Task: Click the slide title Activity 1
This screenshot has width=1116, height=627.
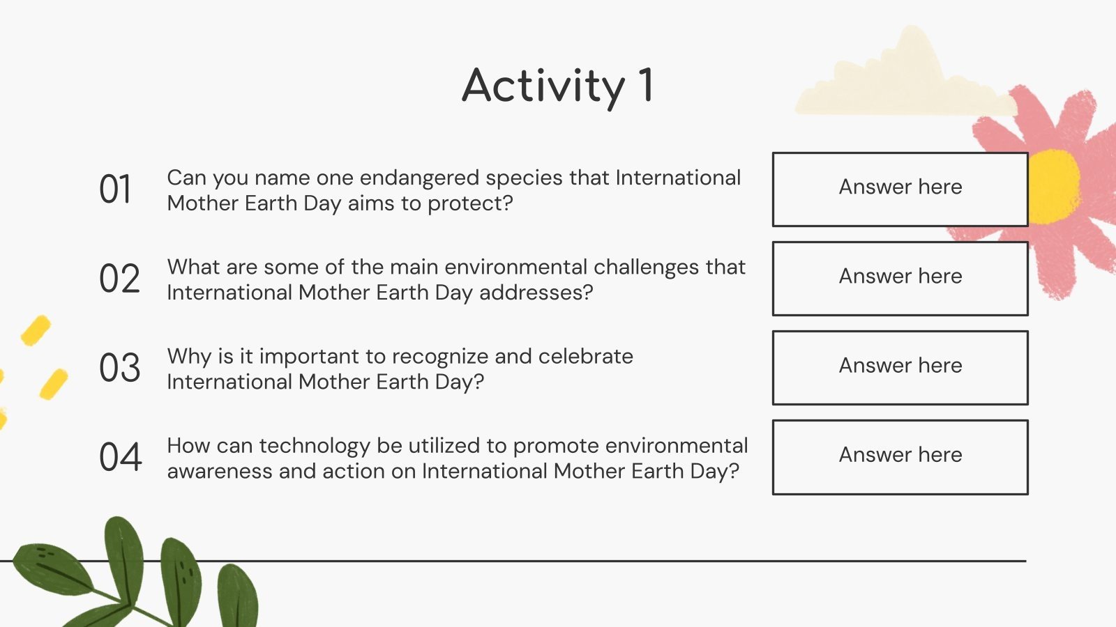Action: (558, 86)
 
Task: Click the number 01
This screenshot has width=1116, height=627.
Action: (115, 189)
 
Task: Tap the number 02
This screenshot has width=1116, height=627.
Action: (119, 279)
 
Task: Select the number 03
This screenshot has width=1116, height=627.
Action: (119, 368)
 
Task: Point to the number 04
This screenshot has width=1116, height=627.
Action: (120, 457)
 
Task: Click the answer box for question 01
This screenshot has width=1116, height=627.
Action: (900, 189)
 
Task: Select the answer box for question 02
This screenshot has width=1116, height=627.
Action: (900, 279)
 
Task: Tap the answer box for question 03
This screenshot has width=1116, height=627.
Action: (900, 368)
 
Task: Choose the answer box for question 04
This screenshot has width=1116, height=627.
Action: (900, 457)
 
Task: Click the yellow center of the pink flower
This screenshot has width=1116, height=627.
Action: (1053, 186)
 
